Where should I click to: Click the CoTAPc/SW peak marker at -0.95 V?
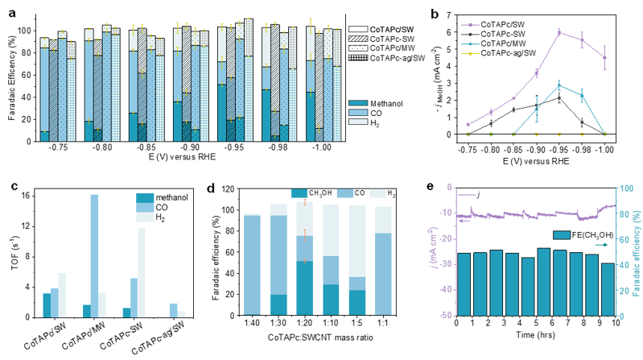point(559,32)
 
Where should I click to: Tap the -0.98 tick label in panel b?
point(582,150)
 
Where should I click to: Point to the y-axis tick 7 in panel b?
point(451,15)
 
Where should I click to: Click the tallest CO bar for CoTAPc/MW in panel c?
point(94,256)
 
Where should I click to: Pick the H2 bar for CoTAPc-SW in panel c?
point(142,272)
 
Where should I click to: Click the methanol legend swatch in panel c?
point(145,198)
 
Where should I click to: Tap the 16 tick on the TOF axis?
point(26,196)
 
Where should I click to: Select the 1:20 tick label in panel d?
point(305,324)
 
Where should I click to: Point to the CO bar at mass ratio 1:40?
point(252,265)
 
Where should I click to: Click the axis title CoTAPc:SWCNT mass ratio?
point(320,337)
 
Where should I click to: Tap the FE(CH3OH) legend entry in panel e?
point(583,235)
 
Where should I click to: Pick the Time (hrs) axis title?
point(535,335)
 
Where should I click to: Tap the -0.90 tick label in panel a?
point(190,147)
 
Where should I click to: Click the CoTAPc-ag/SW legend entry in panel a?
point(387,58)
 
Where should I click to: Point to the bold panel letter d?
point(211,188)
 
